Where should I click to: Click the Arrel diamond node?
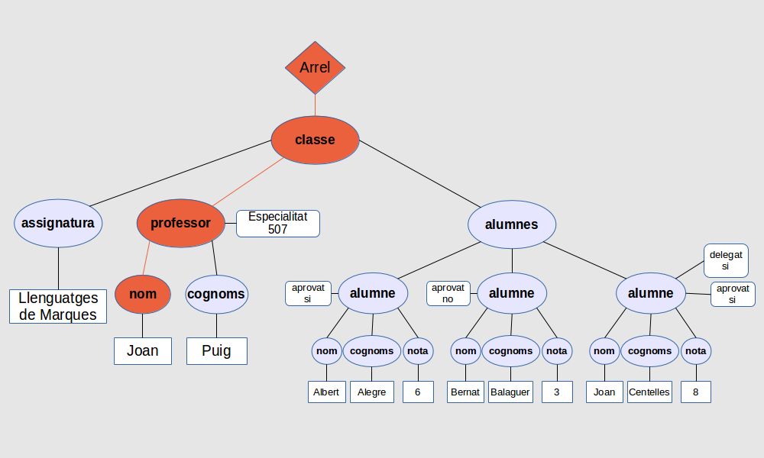click(315, 68)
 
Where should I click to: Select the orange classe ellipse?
click(315, 140)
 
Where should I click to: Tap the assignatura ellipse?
click(58, 224)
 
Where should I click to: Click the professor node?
click(180, 224)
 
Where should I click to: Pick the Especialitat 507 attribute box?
click(277, 223)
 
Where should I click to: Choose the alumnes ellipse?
click(512, 224)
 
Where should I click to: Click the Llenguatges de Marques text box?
click(58, 307)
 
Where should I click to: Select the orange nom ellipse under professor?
click(143, 294)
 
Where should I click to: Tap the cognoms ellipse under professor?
click(216, 294)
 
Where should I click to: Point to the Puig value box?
click(217, 351)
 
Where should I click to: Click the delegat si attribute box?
click(725, 260)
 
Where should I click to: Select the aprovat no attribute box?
click(448, 293)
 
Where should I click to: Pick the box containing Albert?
click(326, 392)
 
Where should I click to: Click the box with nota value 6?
click(418, 392)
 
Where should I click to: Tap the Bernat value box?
click(465, 392)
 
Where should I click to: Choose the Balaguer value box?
click(510, 392)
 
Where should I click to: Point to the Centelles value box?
click(649, 392)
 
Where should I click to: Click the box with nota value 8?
click(695, 392)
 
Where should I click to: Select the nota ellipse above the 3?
click(557, 351)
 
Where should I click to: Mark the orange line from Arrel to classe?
click(315, 105)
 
